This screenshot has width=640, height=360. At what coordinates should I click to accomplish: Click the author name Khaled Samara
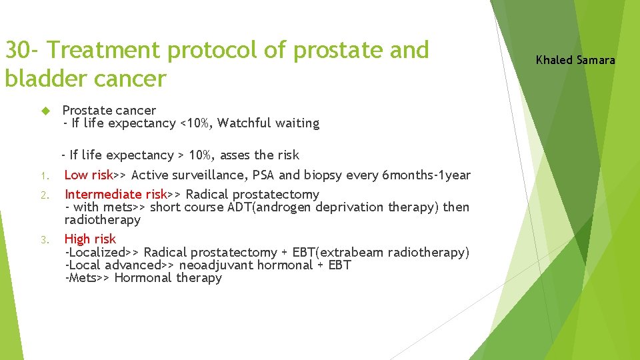[x=575, y=61]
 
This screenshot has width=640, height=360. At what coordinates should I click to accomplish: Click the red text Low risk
[x=88, y=175]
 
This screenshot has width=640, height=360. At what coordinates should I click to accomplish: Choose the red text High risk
[x=90, y=239]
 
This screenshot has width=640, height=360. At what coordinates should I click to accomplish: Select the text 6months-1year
[x=426, y=175]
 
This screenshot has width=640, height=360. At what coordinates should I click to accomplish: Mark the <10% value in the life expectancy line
[x=195, y=123]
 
